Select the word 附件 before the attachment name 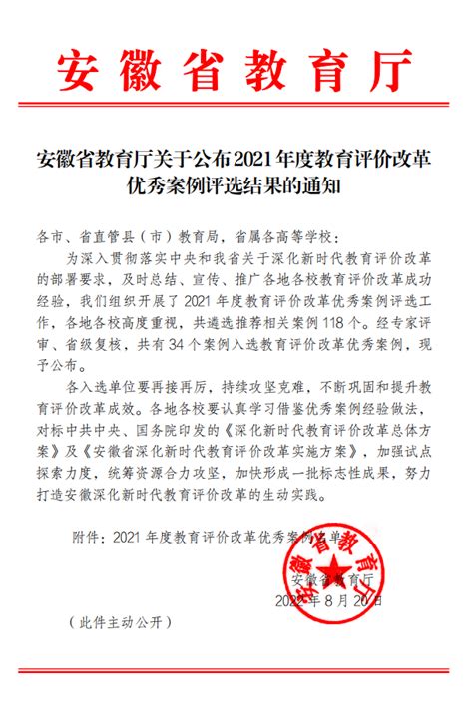coord(87,536)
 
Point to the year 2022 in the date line coord(289,600)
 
